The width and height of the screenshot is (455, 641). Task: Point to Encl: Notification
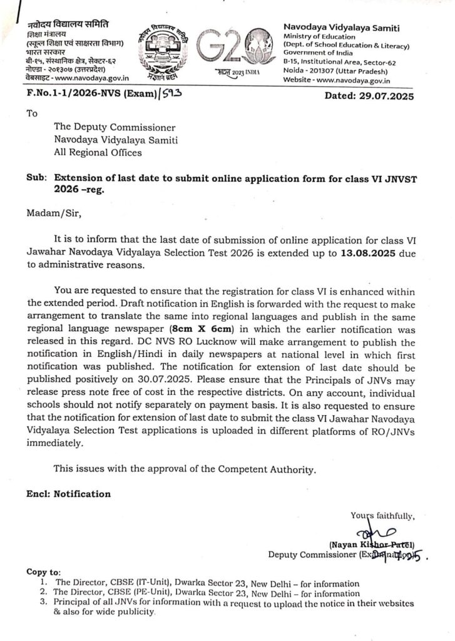(x=68, y=494)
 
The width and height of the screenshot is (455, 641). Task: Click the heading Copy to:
(x=44, y=572)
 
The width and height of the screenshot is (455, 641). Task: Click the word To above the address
(x=32, y=114)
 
